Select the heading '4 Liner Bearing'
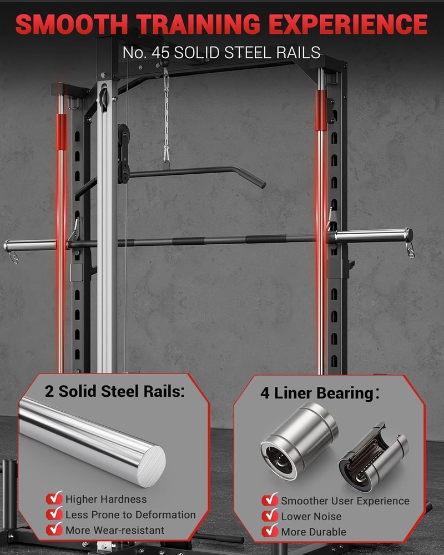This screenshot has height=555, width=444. point(316,393)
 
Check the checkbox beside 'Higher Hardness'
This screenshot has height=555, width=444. point(54,498)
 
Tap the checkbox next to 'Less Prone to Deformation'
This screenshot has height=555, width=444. point(54,514)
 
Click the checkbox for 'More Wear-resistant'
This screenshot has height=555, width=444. point(54,529)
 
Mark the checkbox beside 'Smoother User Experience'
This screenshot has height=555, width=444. point(270,501)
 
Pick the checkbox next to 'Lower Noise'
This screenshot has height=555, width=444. point(270,516)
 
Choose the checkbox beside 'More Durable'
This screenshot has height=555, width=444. point(270,531)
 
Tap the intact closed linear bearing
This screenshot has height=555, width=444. point(300,438)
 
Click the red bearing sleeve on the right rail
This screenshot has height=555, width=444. point(321,110)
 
